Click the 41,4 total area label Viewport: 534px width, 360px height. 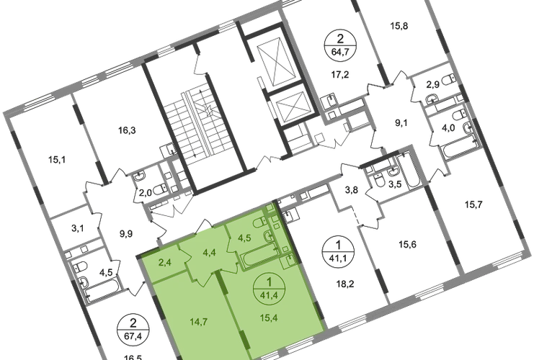tap(269, 295)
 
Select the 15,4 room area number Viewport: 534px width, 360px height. tap(269, 318)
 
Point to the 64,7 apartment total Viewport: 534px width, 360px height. tap(340, 53)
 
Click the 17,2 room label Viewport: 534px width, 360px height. tap(341, 74)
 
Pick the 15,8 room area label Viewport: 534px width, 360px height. tap(399, 26)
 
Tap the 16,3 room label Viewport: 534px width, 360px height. tap(127, 130)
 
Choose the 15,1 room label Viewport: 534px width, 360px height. tap(57, 159)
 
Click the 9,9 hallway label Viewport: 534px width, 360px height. tap(125, 234)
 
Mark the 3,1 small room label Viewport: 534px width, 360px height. tap(78, 228)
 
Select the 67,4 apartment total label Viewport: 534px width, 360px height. tap(133, 336)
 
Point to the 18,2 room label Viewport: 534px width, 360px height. tap(345, 283)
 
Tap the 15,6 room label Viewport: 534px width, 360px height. tap(407, 244)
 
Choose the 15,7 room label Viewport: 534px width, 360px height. tap(473, 204)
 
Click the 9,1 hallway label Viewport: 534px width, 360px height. tap(401, 122)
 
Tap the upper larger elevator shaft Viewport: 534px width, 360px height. tap(276, 63)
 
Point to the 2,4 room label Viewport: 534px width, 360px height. tap(165, 262)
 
